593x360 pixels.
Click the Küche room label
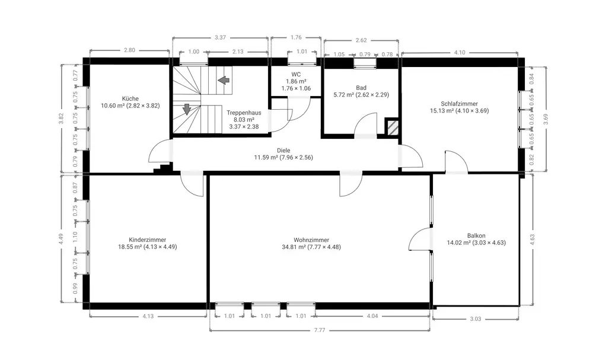click(130, 98)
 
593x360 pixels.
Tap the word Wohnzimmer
click(311, 240)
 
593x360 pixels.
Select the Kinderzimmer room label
click(148, 240)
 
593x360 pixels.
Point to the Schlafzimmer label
click(459, 104)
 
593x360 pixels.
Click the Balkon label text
click(476, 235)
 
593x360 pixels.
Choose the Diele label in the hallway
click(283, 151)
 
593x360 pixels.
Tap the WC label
click(296, 75)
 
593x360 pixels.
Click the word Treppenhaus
click(244, 113)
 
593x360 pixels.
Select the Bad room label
click(361, 88)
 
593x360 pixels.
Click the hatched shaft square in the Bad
click(392, 127)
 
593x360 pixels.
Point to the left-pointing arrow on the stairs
click(224, 80)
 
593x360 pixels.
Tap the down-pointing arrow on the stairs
click(186, 109)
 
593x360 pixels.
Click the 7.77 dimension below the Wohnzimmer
click(320, 330)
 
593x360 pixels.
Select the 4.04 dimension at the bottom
click(372, 316)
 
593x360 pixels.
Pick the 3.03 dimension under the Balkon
click(476, 319)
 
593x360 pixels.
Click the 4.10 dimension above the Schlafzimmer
click(460, 53)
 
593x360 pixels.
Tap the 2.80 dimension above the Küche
click(129, 50)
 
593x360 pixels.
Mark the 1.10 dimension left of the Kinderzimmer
click(75, 237)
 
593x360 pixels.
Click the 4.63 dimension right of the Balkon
click(532, 240)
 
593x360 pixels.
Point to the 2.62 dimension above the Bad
click(361, 40)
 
